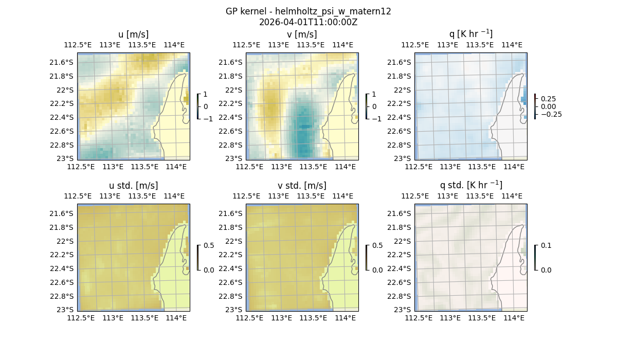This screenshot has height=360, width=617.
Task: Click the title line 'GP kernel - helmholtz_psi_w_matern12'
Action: pos(308,11)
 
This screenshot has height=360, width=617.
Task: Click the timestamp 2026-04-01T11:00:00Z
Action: pos(308,22)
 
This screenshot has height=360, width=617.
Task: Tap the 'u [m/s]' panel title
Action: pos(134,34)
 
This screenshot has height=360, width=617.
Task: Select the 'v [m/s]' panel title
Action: pos(302,34)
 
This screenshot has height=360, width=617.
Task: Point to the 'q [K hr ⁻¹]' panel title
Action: pos(470,34)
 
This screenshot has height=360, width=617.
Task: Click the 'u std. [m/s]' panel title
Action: pos(134,186)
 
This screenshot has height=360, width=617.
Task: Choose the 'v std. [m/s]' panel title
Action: pos(302,186)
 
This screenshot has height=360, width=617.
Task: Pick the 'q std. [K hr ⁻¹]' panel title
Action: pos(470,186)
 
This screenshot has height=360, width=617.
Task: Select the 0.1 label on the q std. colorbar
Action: pos(545,245)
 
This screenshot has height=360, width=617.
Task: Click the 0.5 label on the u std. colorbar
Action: pos(208,245)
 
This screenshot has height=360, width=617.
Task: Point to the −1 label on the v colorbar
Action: pos(376,119)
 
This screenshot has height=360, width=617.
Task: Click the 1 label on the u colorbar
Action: pos(206,94)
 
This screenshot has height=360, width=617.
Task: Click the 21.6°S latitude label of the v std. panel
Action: pos(232,213)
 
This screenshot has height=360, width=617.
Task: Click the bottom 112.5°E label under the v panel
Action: pos(249,167)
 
